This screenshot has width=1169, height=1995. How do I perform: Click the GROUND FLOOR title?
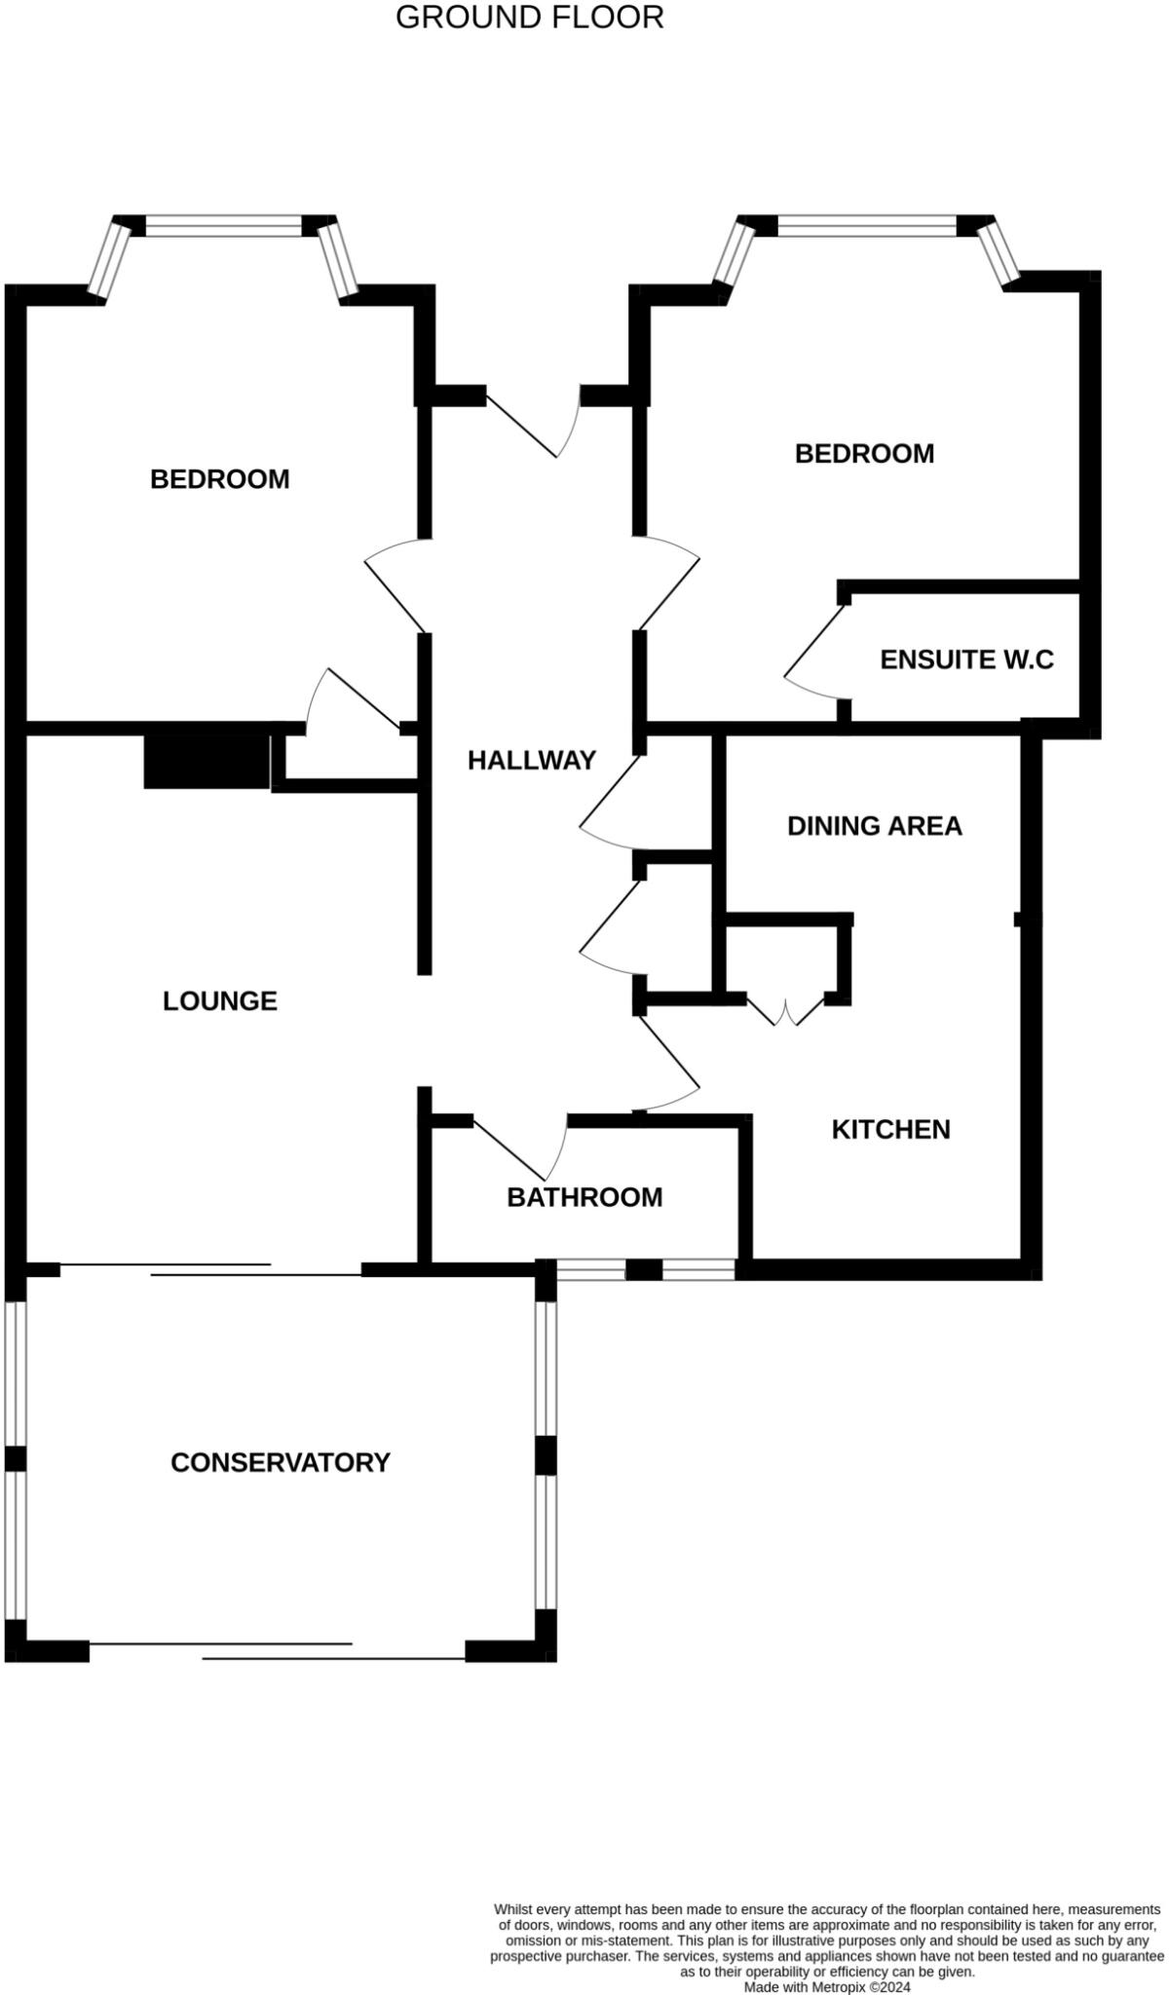pyautogui.click(x=529, y=18)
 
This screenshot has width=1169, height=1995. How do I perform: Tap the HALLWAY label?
pyautogui.click(x=531, y=760)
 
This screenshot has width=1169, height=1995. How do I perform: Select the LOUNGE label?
pyautogui.click(x=220, y=1000)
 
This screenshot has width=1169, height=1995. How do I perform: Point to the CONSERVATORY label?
pyautogui.click(x=281, y=1462)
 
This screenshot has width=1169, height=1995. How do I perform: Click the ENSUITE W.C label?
pyautogui.click(x=966, y=659)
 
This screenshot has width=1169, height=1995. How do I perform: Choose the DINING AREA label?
pyautogui.click(x=874, y=826)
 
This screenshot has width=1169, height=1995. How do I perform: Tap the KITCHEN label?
pyautogui.click(x=890, y=1129)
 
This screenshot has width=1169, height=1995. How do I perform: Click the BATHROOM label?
pyautogui.click(x=584, y=1197)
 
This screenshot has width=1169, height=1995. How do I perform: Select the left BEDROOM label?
pyautogui.click(x=220, y=479)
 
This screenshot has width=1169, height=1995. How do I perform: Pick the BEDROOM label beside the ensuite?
pyautogui.click(x=864, y=453)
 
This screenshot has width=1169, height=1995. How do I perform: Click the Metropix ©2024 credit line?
pyautogui.click(x=827, y=1986)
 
